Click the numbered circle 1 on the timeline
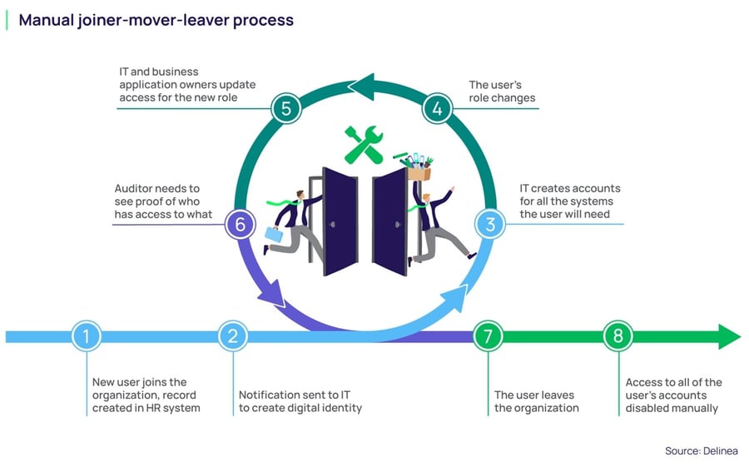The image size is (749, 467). pyautogui.click(x=87, y=336)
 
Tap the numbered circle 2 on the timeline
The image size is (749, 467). pyautogui.click(x=233, y=336)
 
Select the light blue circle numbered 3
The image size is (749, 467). pyautogui.click(x=491, y=224)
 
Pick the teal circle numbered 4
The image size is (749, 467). pyautogui.click(x=436, y=108)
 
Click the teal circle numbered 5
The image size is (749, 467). pyautogui.click(x=286, y=108)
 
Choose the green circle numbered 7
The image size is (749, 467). pyautogui.click(x=488, y=336)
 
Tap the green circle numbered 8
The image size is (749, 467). pyautogui.click(x=618, y=336)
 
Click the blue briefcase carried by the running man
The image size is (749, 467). pyautogui.click(x=275, y=235)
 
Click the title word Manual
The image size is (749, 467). pyautogui.click(x=47, y=19)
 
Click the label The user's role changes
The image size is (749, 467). pyautogui.click(x=502, y=92)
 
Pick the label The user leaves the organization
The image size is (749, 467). pyautogui.click(x=534, y=401)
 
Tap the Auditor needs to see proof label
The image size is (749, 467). pyautogui.click(x=163, y=201)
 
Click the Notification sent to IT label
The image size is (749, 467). pyautogui.click(x=300, y=401)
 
